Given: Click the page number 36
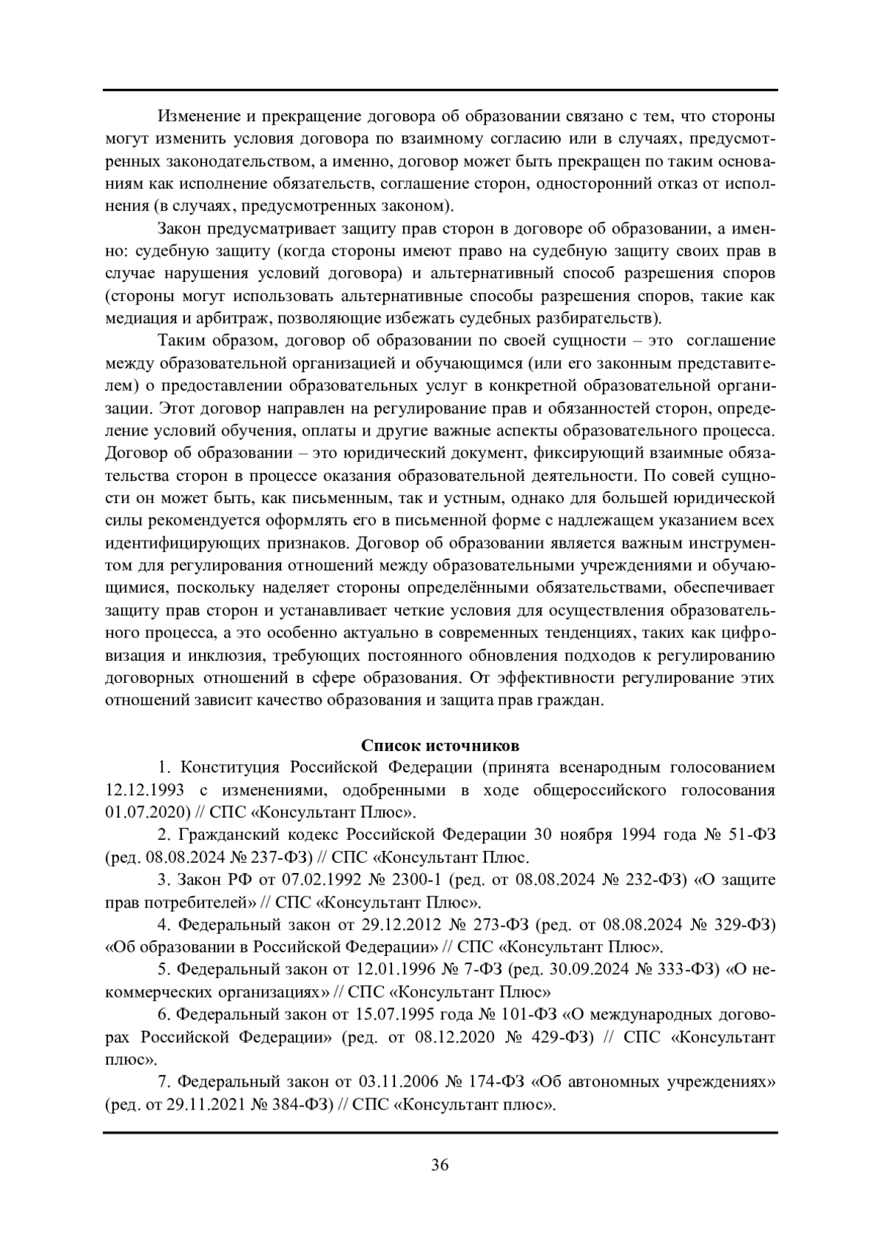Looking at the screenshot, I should point(440,1165).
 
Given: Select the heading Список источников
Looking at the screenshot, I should point(440,745).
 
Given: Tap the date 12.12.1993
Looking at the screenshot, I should point(142,790).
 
